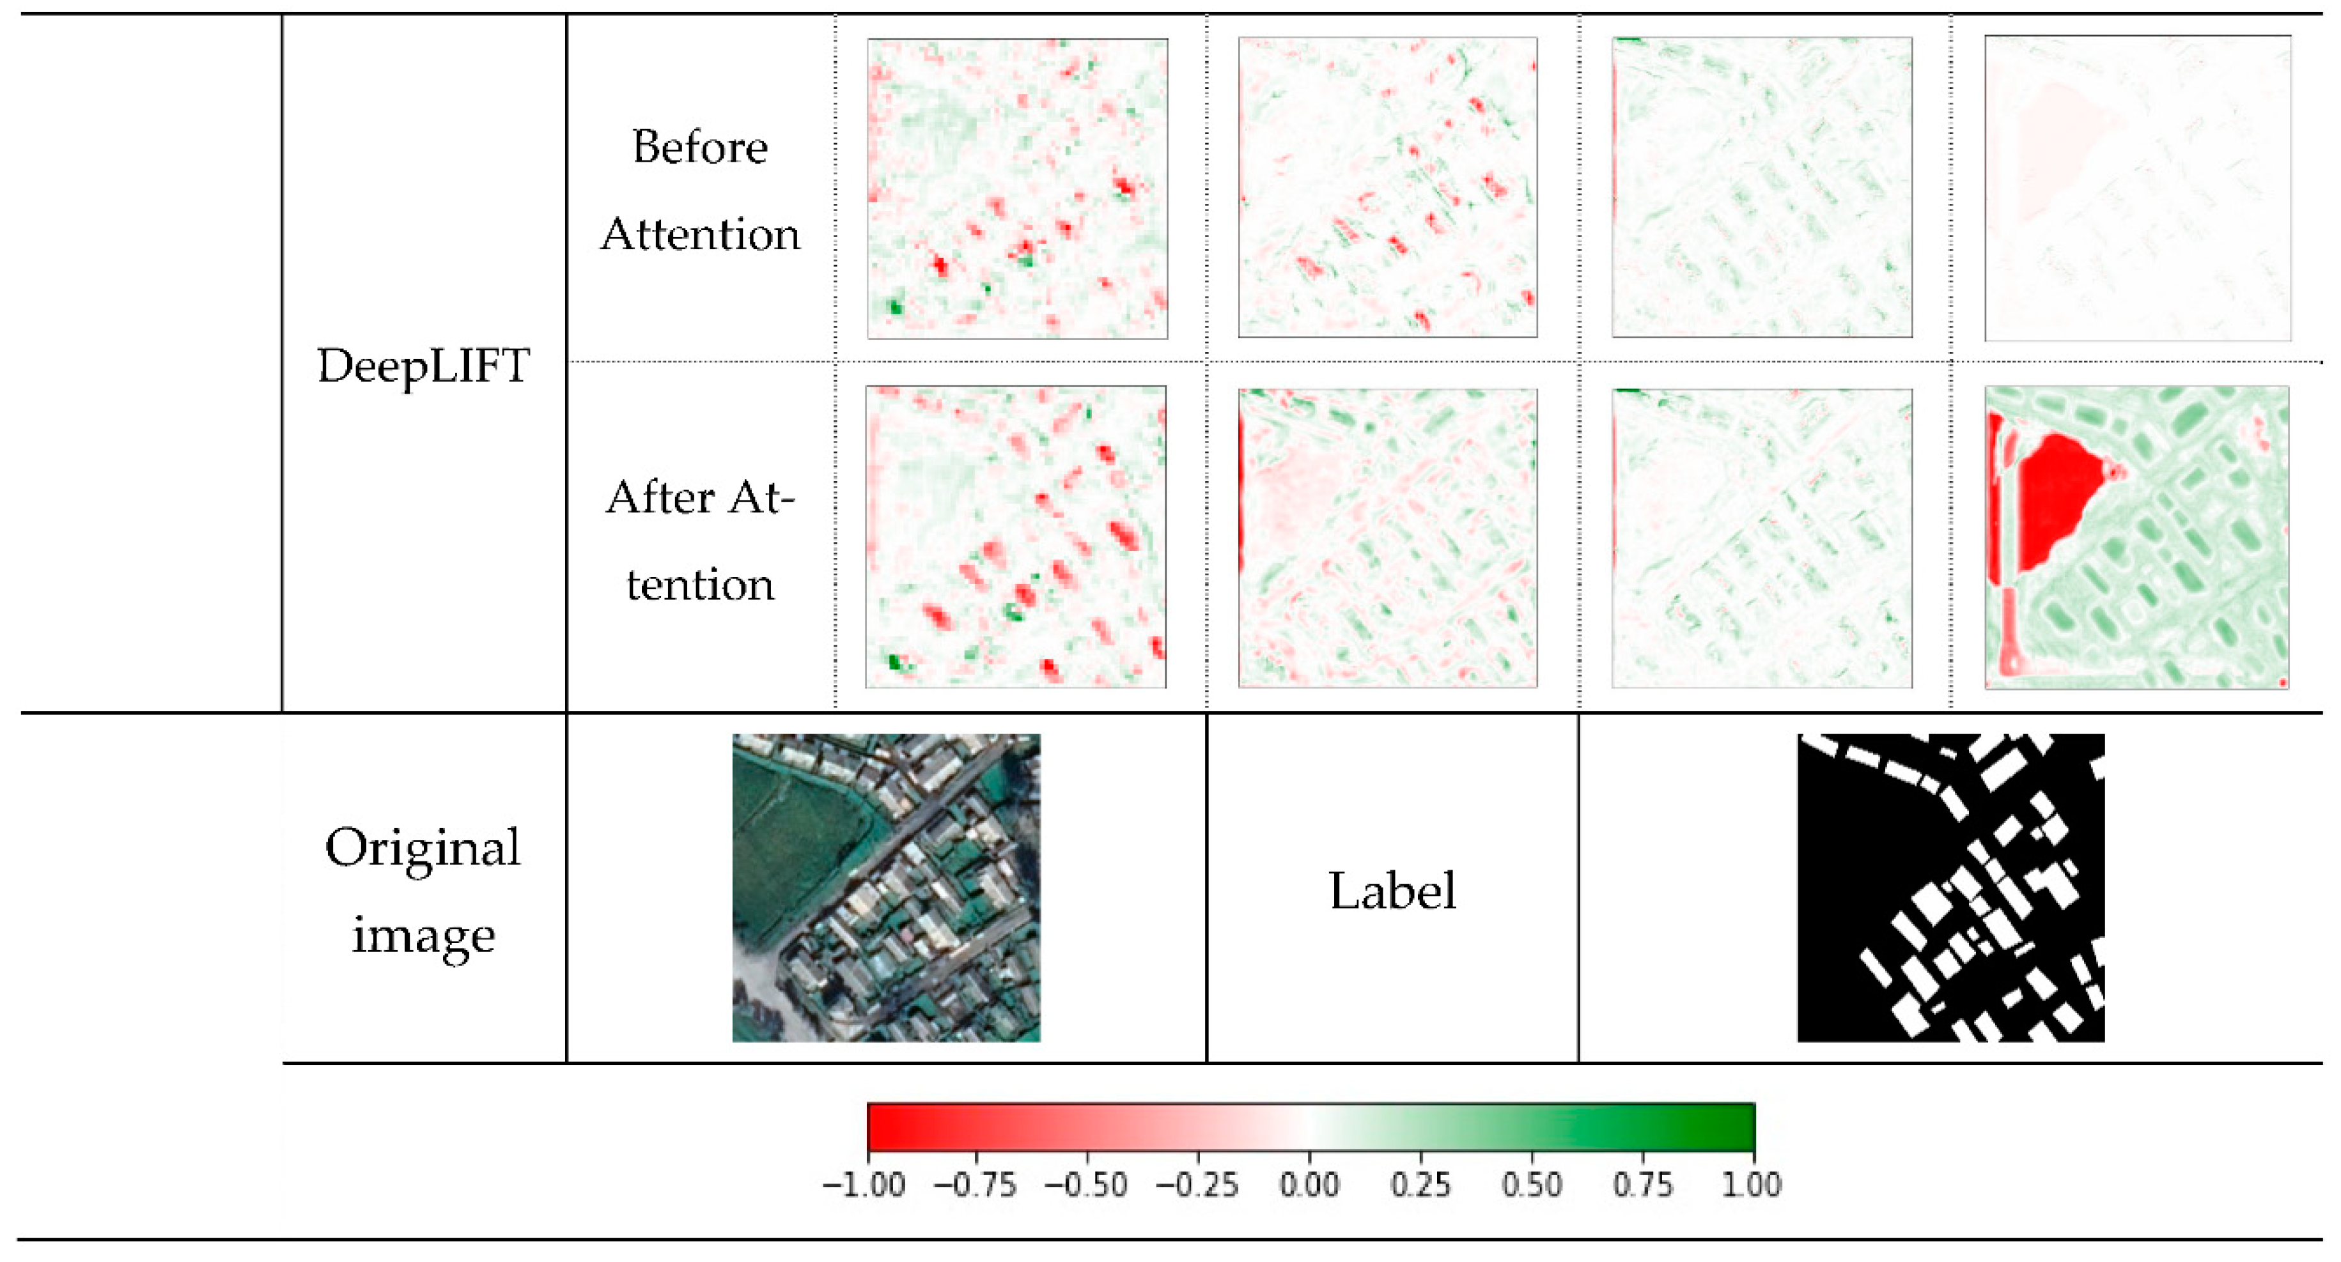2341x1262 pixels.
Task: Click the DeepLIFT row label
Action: point(423,366)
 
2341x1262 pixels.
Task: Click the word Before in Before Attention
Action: point(700,147)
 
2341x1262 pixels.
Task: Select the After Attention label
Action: point(700,541)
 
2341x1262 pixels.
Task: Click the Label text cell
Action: point(1392,890)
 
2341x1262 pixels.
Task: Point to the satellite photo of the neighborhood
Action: point(886,888)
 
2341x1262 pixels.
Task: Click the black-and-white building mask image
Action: point(1951,888)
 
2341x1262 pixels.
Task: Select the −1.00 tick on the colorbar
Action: point(864,1185)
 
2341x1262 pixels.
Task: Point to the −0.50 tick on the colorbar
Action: point(1087,1185)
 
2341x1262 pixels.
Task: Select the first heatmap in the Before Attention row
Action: point(1017,189)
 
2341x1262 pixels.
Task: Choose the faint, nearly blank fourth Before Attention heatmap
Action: point(2138,189)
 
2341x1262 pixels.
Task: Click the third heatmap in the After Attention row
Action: point(1761,538)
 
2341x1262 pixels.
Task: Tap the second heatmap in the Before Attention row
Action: point(1388,187)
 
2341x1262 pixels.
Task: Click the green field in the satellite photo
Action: point(791,845)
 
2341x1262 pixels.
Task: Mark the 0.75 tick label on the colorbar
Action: point(1642,1185)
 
